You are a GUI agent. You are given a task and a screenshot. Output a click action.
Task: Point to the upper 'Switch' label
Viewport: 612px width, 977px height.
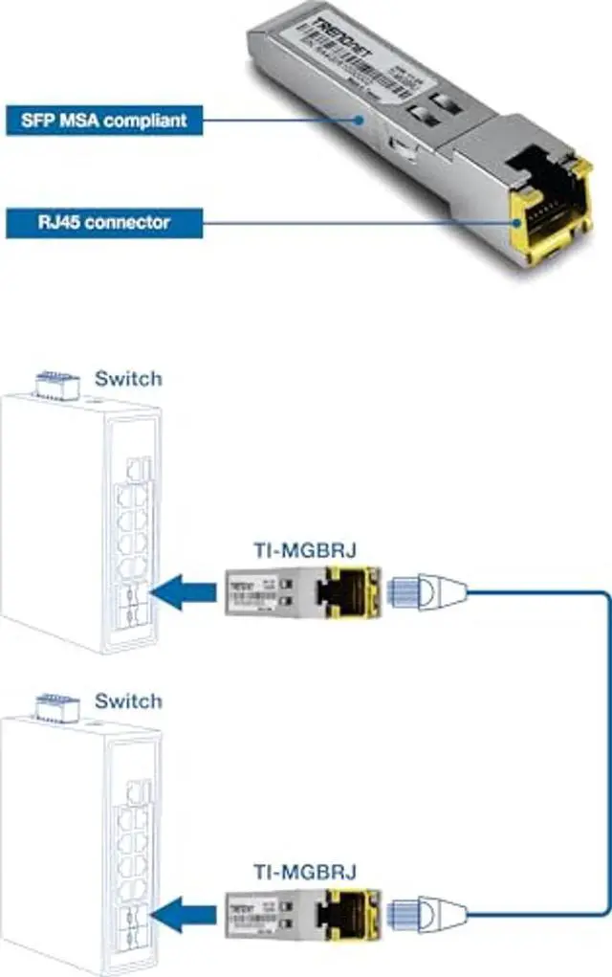click(128, 378)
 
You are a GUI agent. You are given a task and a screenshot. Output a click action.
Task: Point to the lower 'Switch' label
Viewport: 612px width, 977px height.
click(128, 700)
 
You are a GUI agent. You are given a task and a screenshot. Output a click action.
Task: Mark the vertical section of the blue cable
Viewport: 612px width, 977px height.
click(607, 756)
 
